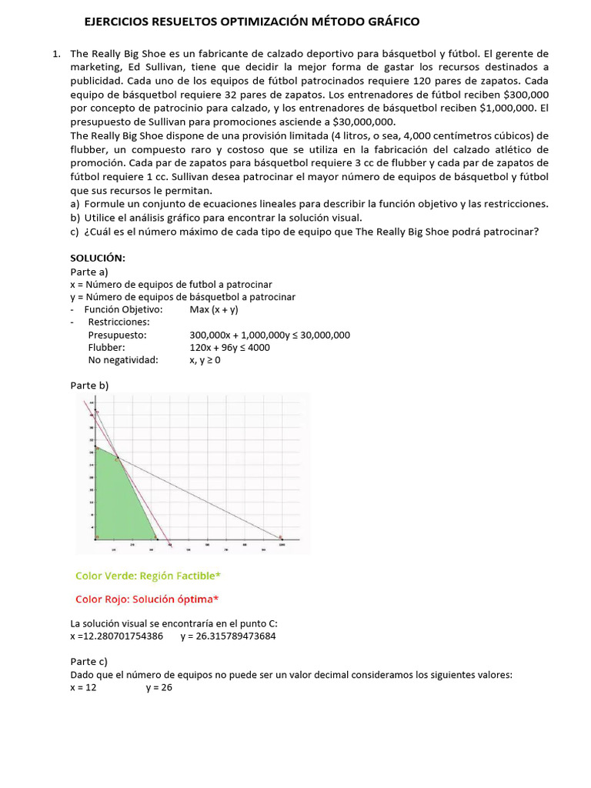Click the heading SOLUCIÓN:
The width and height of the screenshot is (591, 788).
pos(97,257)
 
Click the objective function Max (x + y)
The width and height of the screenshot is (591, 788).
pos(214,309)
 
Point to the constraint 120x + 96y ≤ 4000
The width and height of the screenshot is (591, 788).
pos(229,347)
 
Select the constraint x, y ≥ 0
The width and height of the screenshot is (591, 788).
pos(205,359)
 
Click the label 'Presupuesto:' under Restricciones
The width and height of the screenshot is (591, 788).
pos(117,335)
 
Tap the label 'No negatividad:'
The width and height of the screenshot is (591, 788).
pos(123,359)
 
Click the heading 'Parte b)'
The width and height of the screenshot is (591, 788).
pos(89,385)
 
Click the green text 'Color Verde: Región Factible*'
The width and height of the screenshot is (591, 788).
pos(152,576)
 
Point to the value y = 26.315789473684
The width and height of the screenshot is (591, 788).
pos(229,636)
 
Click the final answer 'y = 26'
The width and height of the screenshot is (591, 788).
pos(159,687)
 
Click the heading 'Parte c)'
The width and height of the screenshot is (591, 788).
pos(88,661)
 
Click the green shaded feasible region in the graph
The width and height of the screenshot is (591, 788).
pos(119,500)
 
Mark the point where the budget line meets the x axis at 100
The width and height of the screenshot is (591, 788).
pos(281,537)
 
